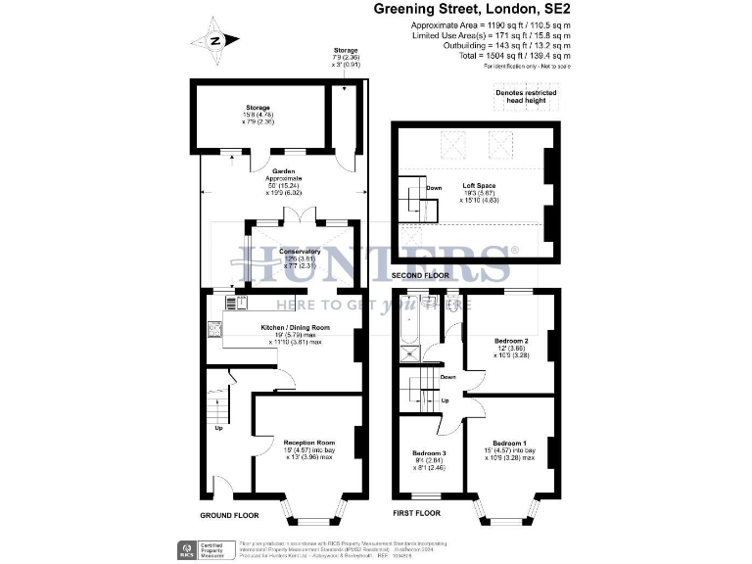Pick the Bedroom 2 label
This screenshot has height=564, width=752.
tap(512, 340)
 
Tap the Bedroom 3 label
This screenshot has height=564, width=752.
tap(431, 453)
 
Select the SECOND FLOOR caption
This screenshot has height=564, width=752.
tap(420, 276)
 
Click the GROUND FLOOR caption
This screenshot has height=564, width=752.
tap(229, 514)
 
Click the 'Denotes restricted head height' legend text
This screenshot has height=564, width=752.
tap(526, 94)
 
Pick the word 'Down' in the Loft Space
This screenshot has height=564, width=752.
tap(434, 187)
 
